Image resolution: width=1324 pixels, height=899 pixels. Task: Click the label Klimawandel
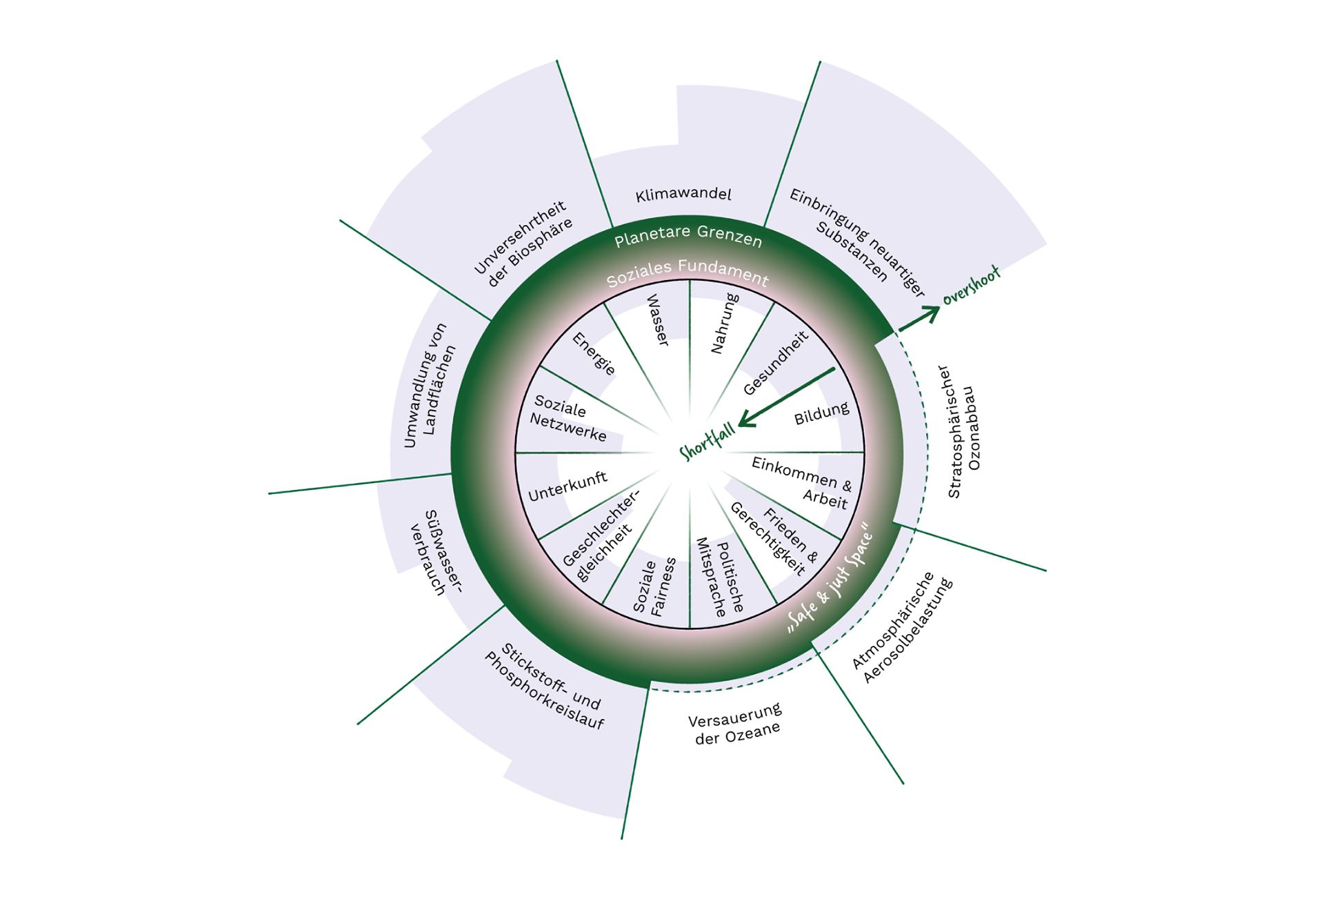(x=683, y=195)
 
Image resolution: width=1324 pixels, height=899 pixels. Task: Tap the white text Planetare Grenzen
(x=688, y=236)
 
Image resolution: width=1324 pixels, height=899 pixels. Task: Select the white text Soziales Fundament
(x=688, y=273)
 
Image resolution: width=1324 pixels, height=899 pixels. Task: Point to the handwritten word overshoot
(x=971, y=286)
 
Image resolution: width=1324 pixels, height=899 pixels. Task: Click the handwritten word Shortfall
(x=707, y=442)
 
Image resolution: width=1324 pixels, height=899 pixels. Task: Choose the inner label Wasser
(x=657, y=320)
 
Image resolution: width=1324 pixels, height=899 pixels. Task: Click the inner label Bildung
(x=821, y=413)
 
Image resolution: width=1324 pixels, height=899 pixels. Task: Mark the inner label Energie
(x=594, y=353)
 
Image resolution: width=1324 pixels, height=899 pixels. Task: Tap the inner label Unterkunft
(x=568, y=486)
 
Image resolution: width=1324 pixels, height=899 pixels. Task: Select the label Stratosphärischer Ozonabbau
(x=963, y=431)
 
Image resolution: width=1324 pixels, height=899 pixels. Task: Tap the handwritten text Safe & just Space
(x=831, y=579)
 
